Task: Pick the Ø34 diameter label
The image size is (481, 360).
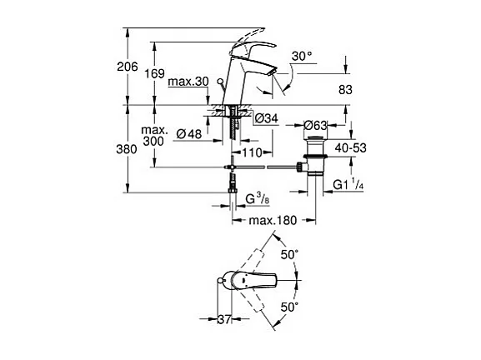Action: tap(265, 118)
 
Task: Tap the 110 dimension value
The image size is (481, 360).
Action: tap(254, 153)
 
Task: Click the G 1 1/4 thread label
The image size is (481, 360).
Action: tap(351, 183)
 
